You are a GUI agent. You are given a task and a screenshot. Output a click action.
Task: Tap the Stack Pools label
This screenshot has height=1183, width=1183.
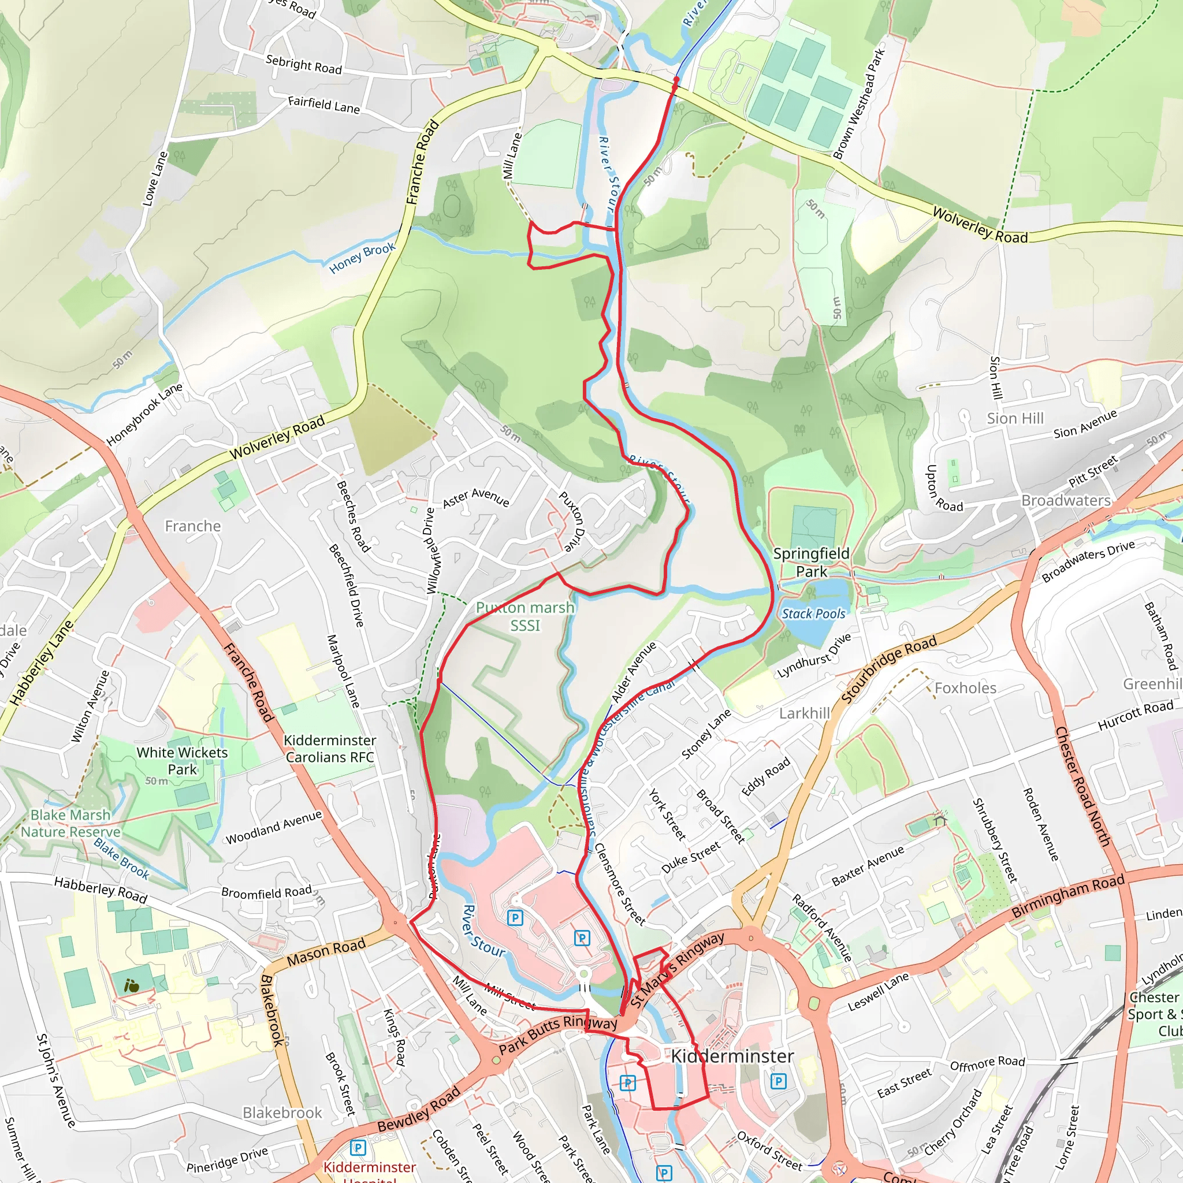(813, 613)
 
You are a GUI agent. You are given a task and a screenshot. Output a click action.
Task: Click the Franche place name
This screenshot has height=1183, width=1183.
(192, 526)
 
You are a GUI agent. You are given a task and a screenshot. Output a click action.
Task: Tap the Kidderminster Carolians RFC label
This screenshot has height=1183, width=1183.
(329, 748)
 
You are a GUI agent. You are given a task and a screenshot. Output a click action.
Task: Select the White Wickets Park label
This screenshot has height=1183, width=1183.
(182, 761)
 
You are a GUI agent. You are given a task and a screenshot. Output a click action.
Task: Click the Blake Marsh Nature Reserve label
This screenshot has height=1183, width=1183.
(70, 823)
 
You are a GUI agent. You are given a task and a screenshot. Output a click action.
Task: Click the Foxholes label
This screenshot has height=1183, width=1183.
(965, 687)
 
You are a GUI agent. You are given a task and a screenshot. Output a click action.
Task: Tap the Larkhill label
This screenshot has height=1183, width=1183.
(804, 713)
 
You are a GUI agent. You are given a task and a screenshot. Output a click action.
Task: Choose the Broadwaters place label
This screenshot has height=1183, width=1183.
(1065, 500)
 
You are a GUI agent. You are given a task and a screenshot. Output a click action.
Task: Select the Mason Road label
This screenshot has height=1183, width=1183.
(326, 952)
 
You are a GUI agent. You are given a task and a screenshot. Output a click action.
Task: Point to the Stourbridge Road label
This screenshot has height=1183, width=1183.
(888, 669)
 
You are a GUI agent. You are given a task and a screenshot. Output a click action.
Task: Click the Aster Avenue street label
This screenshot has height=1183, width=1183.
(476, 497)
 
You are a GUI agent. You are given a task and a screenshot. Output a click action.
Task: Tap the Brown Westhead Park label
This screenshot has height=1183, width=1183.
(859, 104)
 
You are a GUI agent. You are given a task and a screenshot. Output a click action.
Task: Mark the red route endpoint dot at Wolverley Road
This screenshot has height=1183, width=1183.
(675, 80)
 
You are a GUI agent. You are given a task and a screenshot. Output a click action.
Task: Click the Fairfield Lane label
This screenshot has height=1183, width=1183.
(324, 105)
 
